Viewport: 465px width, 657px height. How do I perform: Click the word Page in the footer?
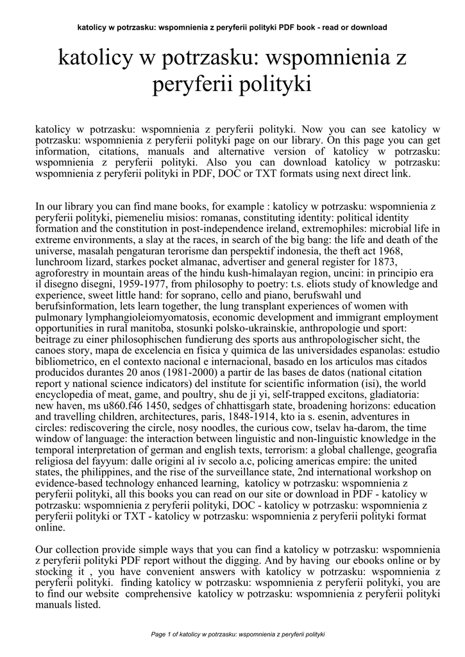pos(158,635)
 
